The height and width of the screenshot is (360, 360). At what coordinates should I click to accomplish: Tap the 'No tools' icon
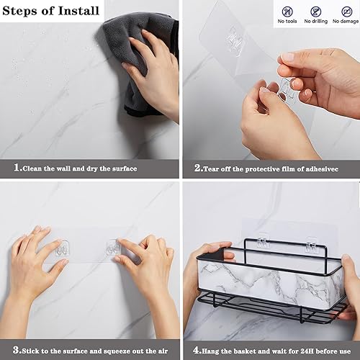[287, 12]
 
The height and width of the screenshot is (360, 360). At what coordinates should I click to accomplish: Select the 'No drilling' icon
[315, 12]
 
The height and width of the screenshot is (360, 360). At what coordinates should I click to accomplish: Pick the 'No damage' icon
[343, 12]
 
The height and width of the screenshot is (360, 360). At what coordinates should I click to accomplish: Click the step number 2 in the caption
[197, 169]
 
